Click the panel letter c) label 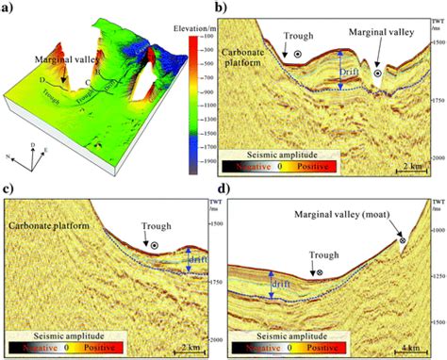9,191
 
